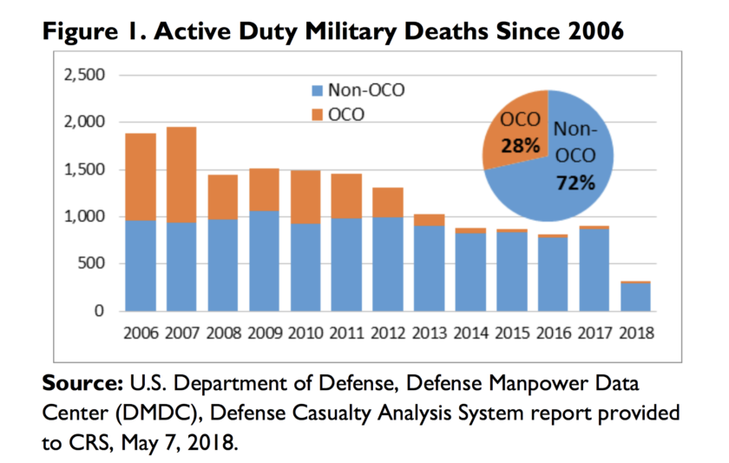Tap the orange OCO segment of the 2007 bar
coord(181,175)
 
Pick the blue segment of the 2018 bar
coord(635,296)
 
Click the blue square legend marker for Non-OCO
coord(317,89)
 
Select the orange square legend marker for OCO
coord(317,113)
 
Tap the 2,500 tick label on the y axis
coord(84,76)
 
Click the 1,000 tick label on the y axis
coord(84,216)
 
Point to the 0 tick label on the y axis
coord(101,311)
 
